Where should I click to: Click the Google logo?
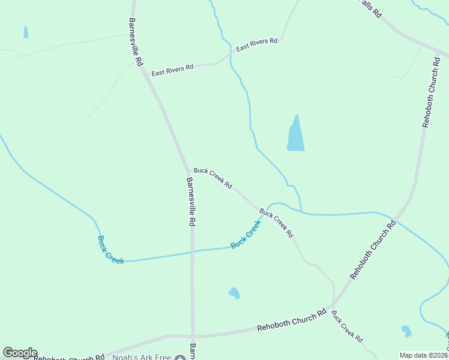point(20,353)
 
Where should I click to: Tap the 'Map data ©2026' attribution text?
point(424,355)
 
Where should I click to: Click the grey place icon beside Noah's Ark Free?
point(180,358)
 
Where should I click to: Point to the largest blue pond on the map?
point(295,136)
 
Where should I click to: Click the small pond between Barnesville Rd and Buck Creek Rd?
point(234,293)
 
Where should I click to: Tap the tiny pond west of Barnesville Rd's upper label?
point(26,32)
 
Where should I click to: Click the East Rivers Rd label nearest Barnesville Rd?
point(172,70)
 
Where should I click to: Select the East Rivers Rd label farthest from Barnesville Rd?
point(257,44)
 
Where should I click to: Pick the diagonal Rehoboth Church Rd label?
point(373,250)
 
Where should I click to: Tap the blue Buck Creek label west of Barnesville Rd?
point(110,250)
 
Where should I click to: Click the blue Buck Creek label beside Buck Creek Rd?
point(246,235)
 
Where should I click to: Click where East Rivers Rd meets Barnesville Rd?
point(146,74)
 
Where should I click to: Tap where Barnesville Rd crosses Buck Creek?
point(192,251)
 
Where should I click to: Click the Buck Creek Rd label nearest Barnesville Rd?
point(212,178)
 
